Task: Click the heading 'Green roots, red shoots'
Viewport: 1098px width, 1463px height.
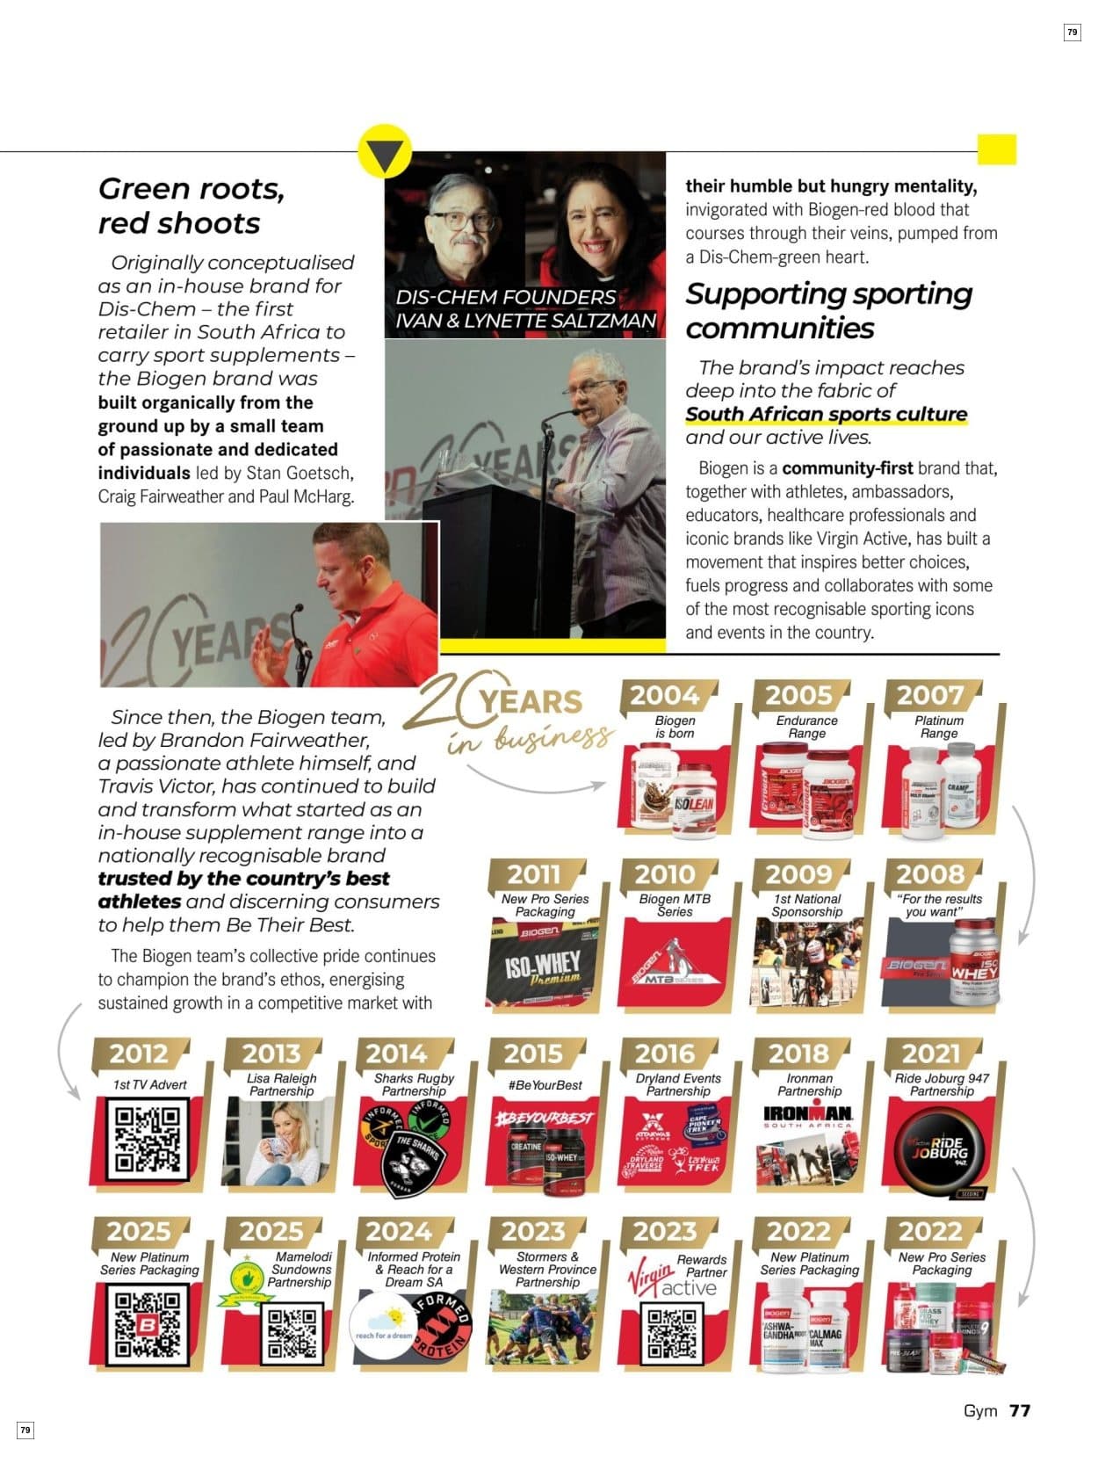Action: (x=191, y=206)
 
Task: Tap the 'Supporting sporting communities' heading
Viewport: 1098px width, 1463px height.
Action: (x=828, y=310)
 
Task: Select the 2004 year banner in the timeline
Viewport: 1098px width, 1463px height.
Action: (x=665, y=696)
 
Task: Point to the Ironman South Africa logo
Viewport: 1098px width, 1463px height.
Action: (x=807, y=1117)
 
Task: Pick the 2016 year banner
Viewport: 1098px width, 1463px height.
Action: (x=665, y=1053)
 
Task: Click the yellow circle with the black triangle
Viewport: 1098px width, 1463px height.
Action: (x=385, y=153)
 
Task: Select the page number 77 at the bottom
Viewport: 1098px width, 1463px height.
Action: (x=1019, y=1410)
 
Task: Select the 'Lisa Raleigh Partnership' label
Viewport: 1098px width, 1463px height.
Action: (x=282, y=1084)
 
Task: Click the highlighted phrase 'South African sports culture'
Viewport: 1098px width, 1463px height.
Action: (x=826, y=414)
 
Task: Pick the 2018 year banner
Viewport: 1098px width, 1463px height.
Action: (x=798, y=1053)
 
